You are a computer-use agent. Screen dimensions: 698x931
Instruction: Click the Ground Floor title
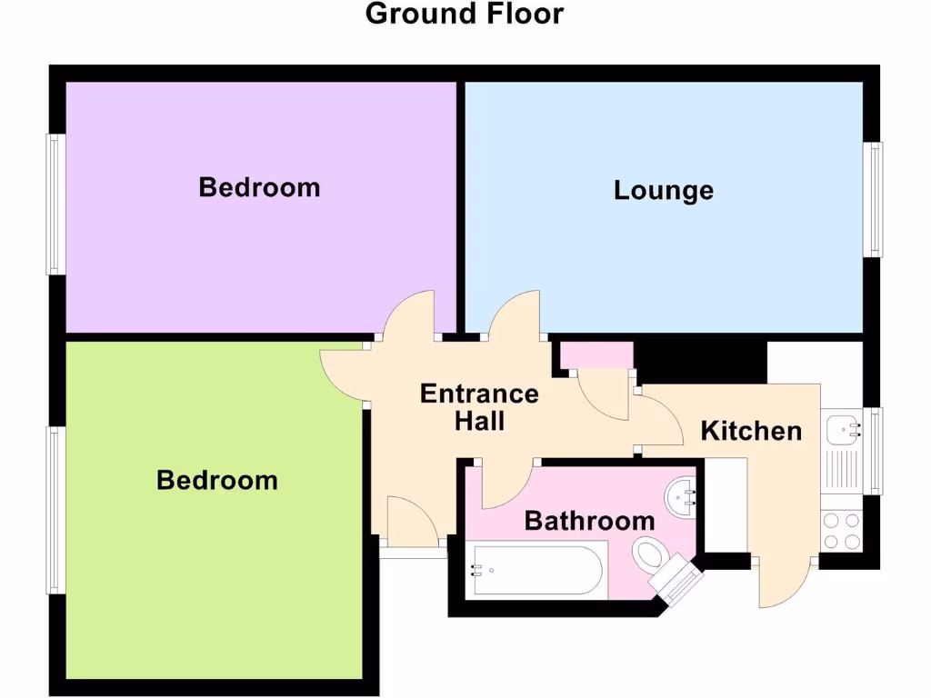[x=465, y=15]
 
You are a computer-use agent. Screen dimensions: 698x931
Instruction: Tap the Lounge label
[x=663, y=191]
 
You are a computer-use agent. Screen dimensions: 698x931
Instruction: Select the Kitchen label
[x=751, y=431]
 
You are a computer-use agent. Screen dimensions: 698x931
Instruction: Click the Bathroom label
[x=589, y=521]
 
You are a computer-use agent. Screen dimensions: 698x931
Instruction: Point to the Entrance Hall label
[x=479, y=407]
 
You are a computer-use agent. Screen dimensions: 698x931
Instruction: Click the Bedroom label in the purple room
[x=259, y=187]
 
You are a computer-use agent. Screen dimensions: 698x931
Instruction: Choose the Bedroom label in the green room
[x=216, y=480]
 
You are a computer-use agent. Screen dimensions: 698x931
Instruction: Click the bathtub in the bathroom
[x=536, y=570]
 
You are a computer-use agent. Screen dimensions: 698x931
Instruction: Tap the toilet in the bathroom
[x=649, y=553]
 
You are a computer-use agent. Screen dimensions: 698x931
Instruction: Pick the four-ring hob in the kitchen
[x=841, y=531]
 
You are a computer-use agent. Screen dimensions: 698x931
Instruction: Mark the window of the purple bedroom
[x=55, y=204]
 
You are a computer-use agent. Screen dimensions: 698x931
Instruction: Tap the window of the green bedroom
[x=55, y=510]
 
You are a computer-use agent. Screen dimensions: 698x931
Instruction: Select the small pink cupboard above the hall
[x=596, y=355]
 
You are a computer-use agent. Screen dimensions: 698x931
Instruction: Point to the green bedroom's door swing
[x=344, y=373]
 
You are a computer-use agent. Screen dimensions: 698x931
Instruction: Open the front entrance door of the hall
[x=414, y=520]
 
